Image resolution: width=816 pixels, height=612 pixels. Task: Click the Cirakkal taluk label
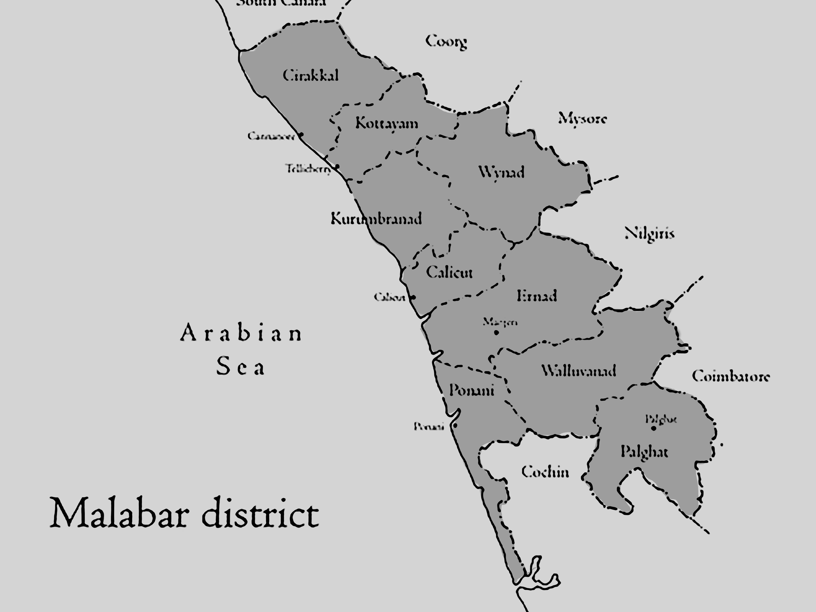pos(311,76)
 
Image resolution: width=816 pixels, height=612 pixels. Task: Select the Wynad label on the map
pos(501,172)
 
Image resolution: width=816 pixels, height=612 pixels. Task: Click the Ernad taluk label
pos(537,296)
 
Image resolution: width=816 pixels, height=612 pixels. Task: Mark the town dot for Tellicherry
pos(337,166)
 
